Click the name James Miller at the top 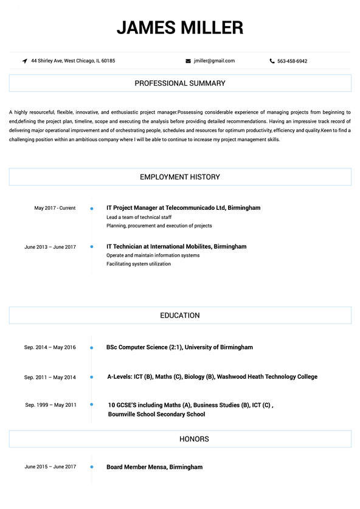point(180,27)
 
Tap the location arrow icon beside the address point(24,61)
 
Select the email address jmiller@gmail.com point(214,61)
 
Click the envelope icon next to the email point(188,61)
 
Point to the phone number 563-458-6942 point(292,61)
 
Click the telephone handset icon point(272,61)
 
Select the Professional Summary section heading point(180,83)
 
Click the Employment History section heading point(180,177)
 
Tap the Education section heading point(180,316)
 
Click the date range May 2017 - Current point(55,208)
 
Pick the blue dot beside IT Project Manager point(91,209)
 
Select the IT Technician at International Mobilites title point(176,247)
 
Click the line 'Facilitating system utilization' point(139,264)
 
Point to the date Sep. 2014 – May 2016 point(50,347)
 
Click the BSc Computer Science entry point(179,347)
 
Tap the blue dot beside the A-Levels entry point(91,377)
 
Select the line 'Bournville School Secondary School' point(156,414)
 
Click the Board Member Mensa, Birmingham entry point(154,467)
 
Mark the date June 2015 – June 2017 point(50,467)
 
